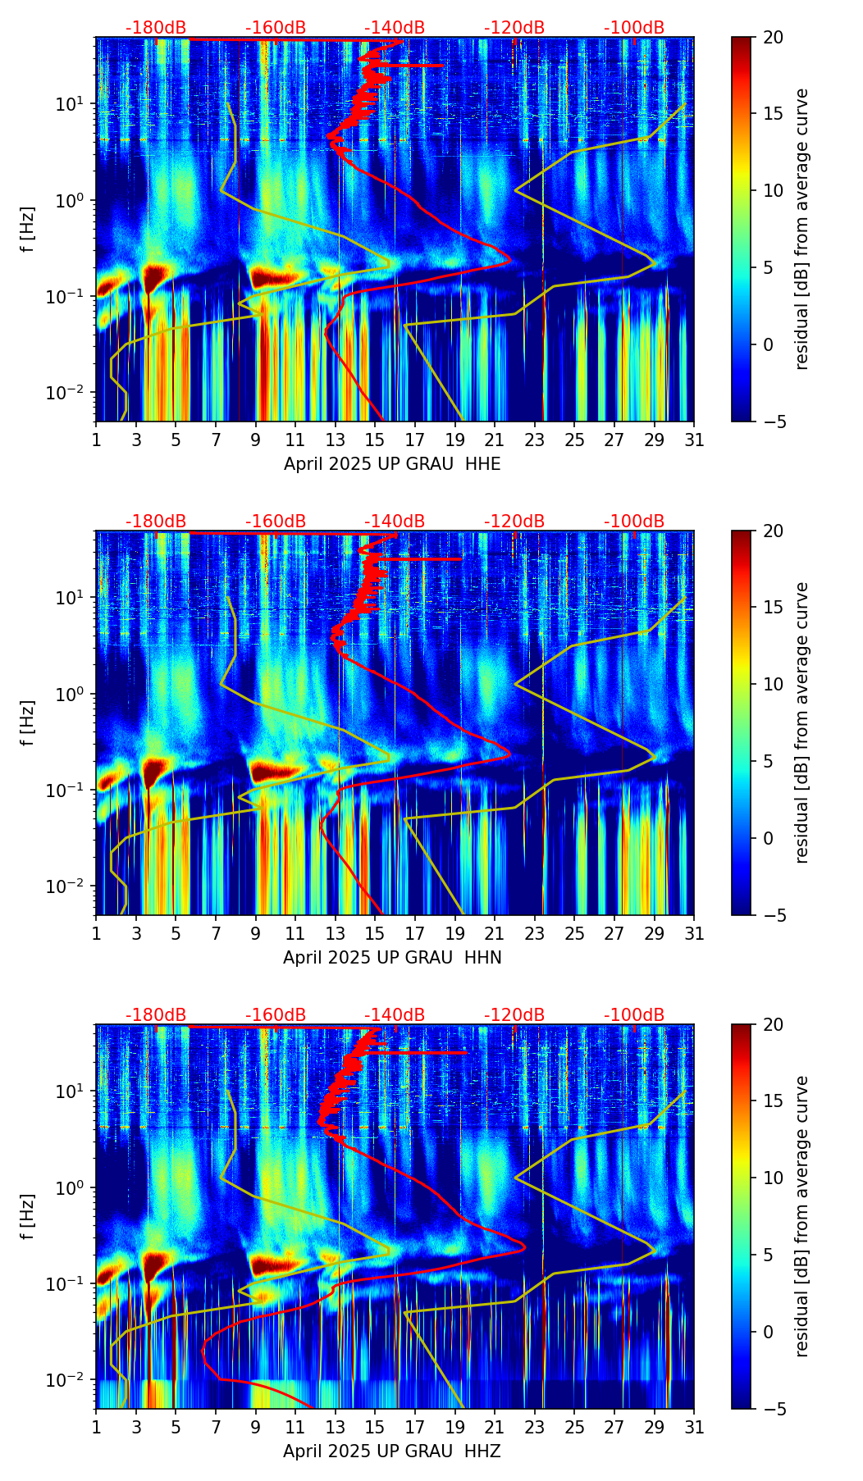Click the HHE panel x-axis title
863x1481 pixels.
coord(392,464)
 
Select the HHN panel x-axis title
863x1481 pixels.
coord(392,958)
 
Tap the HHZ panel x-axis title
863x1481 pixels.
coord(392,1451)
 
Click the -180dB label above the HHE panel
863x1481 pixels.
coord(156,28)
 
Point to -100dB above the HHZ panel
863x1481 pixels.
coord(634,1015)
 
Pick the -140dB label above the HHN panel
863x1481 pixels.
coord(395,522)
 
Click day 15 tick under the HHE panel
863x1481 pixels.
coord(375,440)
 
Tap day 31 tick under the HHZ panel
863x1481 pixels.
coord(694,1427)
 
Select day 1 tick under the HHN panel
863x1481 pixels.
coord(97,933)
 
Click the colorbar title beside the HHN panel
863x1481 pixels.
coord(802,722)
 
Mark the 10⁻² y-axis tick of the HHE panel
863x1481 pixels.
coord(69,394)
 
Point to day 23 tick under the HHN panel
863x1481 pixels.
coord(535,933)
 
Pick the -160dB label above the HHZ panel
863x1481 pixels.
coord(276,1015)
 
